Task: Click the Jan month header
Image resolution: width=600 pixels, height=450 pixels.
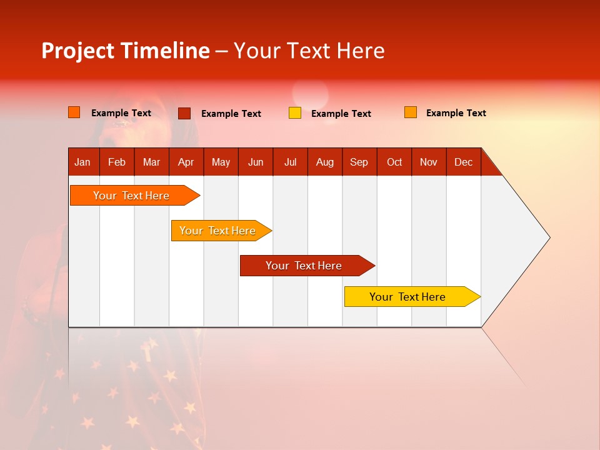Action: pos(83,162)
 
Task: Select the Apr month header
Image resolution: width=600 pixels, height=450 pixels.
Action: pos(186,162)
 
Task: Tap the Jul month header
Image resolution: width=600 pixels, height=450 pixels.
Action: pos(291,162)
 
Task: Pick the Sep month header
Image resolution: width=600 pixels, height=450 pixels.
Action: pos(359,162)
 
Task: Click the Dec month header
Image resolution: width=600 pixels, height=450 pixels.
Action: pos(464,162)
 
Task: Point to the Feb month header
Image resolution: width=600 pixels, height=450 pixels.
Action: pos(117,162)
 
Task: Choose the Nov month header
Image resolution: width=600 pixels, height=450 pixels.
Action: pos(429,162)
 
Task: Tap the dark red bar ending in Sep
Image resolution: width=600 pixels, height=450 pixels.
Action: pos(304,266)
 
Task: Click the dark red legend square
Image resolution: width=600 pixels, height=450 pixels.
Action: pos(184,113)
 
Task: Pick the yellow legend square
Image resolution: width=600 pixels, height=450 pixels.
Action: pos(295,113)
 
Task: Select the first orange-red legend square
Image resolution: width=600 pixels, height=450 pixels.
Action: pos(74,112)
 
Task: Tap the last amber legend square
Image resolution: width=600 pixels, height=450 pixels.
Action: pos(411,112)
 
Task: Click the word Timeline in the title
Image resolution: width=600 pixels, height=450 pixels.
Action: pos(165,51)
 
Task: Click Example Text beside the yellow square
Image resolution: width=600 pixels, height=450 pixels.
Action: pos(341,114)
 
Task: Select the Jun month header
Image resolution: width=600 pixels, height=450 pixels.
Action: pos(256,162)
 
